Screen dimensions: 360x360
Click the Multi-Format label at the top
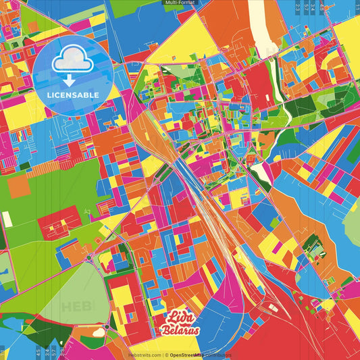[180, 3]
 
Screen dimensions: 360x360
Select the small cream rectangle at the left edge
[7, 220]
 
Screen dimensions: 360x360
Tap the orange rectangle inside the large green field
[18, 185]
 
